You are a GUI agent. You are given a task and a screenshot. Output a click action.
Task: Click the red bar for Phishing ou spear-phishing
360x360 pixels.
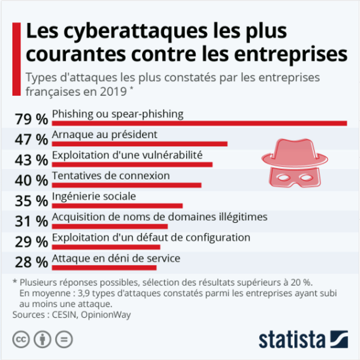(x=199, y=123)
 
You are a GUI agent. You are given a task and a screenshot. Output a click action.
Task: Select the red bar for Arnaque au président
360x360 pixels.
(x=140, y=144)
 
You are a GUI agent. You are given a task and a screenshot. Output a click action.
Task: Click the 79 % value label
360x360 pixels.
(x=31, y=119)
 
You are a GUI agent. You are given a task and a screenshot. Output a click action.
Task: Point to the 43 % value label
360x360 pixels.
(x=31, y=160)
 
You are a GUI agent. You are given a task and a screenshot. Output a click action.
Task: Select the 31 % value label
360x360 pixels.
(x=31, y=222)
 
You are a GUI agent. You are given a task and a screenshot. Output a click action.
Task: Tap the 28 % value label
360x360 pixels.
(x=31, y=263)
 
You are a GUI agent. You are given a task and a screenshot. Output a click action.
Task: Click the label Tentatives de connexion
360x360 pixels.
(x=111, y=176)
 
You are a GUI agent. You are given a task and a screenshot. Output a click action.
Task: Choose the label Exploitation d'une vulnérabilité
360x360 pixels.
(x=127, y=155)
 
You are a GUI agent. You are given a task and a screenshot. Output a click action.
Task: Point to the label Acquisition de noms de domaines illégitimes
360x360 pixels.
(x=160, y=217)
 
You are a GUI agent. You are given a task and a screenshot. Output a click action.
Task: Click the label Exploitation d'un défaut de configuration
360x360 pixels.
(x=151, y=237)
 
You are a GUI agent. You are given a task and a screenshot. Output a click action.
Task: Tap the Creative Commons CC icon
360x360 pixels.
(x=21, y=339)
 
